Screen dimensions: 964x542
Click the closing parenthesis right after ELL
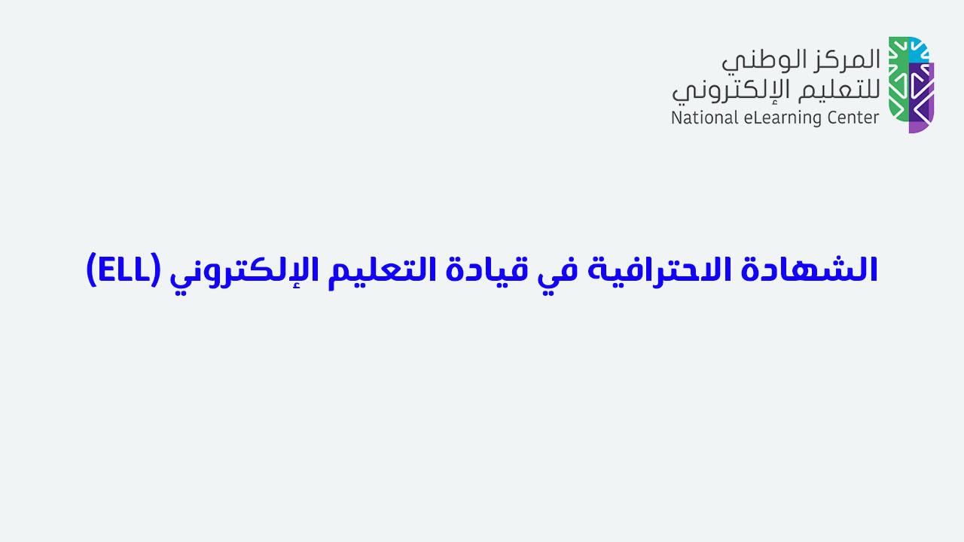coord(92,270)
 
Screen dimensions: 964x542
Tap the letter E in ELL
coord(106,270)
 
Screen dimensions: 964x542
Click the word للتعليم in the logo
coord(839,91)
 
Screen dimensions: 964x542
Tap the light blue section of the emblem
coord(918,50)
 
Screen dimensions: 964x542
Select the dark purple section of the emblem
coord(918,93)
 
